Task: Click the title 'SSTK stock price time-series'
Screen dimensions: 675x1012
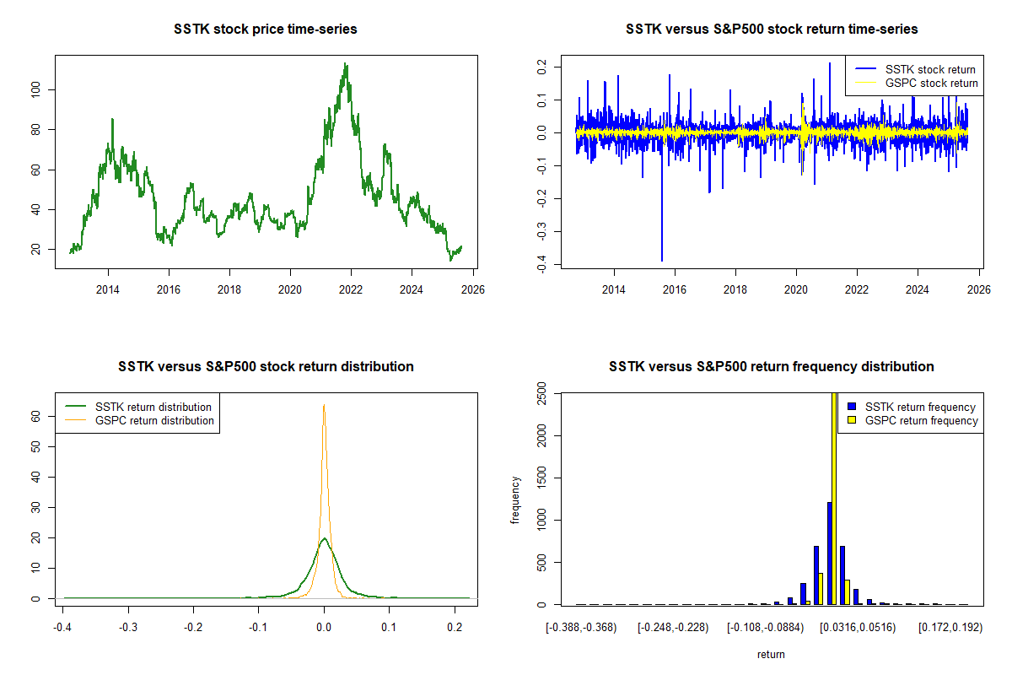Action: point(265,30)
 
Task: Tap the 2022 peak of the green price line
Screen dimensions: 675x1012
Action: point(345,64)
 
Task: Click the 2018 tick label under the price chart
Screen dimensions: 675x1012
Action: point(229,290)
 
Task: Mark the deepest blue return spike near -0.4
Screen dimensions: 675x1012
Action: point(662,260)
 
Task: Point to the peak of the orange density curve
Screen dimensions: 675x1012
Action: point(324,406)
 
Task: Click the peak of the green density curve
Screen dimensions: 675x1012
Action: point(324,538)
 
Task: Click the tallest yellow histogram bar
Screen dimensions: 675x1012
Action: point(835,498)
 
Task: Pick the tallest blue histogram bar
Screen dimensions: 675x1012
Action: point(829,553)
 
